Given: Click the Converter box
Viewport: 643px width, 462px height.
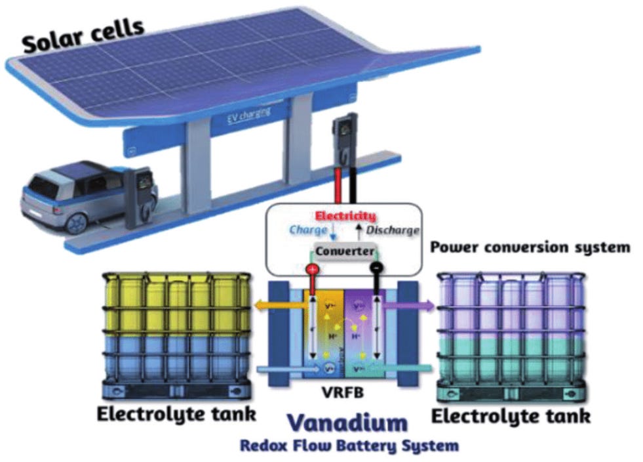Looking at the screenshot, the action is (343, 251).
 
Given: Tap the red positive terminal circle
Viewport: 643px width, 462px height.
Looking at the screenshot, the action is (312, 269).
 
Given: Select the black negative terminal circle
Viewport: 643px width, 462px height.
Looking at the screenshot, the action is (376, 269).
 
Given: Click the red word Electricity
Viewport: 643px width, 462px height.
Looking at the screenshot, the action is (345, 216).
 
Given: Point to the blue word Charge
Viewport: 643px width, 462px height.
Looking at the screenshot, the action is (307, 230).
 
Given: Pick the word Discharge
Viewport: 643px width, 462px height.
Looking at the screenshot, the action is (392, 230).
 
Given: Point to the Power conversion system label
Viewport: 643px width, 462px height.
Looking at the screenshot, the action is (530, 248).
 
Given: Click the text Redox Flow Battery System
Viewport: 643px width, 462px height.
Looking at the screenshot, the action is (349, 446).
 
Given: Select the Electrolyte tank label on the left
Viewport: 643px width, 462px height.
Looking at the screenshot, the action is (176, 415).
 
